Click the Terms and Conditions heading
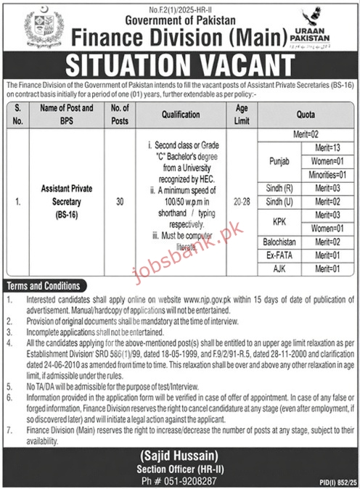44,286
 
